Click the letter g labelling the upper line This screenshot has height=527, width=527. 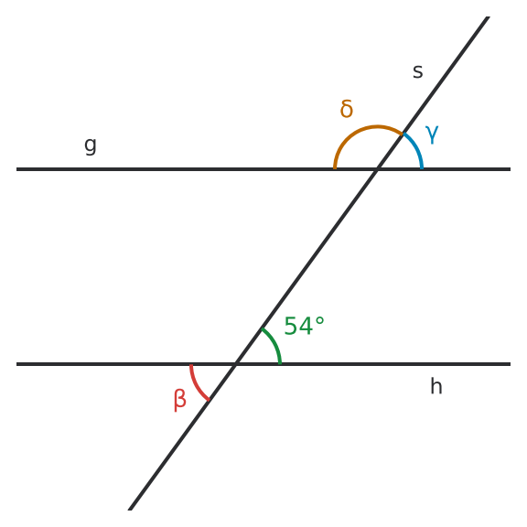pos(91,145)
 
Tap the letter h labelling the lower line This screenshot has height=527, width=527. pos(436,385)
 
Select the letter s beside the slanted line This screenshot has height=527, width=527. pos(418,72)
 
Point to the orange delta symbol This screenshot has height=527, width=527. pos(347,109)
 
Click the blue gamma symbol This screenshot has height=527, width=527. pos(432,134)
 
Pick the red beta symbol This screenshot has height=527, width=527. pos(180,400)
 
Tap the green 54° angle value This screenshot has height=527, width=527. pos(304,326)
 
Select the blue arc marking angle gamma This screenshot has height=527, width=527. pos(416,148)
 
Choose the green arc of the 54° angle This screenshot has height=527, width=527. pos(274,343)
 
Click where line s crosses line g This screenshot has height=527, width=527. pos(378,169)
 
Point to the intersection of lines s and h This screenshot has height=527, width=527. pos(236,364)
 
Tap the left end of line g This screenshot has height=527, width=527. pos(16,169)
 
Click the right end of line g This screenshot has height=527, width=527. pos(511,169)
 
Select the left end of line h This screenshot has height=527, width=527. pos(16,364)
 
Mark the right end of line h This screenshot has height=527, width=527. pos(511,364)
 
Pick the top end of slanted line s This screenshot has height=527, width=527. pos(488,16)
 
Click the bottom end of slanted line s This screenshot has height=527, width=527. pos(130,510)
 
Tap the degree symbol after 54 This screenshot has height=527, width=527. pos(320,320)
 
